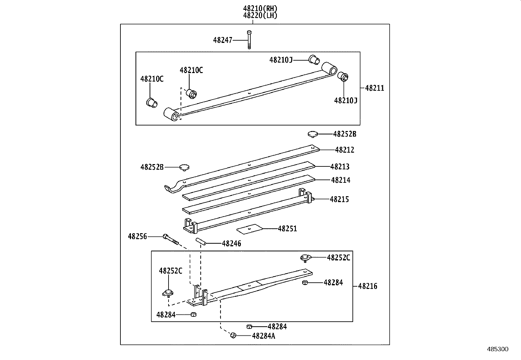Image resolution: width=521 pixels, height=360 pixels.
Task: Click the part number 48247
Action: (x=223, y=40)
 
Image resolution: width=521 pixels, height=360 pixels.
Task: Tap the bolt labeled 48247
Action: (x=249, y=39)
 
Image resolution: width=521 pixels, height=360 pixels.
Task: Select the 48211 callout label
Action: (x=375, y=88)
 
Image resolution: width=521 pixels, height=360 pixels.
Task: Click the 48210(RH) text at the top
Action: (x=260, y=9)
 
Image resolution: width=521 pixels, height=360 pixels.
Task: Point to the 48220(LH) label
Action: (x=260, y=15)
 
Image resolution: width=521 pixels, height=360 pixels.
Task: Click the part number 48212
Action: (x=345, y=150)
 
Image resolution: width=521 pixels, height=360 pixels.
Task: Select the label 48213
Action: (x=340, y=167)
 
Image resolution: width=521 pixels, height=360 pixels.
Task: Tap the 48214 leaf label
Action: (x=341, y=180)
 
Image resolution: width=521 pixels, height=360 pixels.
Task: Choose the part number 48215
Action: (x=339, y=199)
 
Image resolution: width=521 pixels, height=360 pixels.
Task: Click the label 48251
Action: (x=287, y=229)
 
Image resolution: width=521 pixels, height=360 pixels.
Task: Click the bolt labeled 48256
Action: (x=170, y=239)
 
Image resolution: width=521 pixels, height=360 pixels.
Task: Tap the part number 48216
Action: (x=368, y=286)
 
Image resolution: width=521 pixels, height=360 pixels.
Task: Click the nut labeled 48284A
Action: (x=233, y=335)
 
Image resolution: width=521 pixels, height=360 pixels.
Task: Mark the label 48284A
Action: (x=263, y=336)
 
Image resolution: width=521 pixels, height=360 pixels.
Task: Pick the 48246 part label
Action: (x=231, y=244)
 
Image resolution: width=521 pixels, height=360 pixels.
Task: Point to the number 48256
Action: (x=137, y=236)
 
